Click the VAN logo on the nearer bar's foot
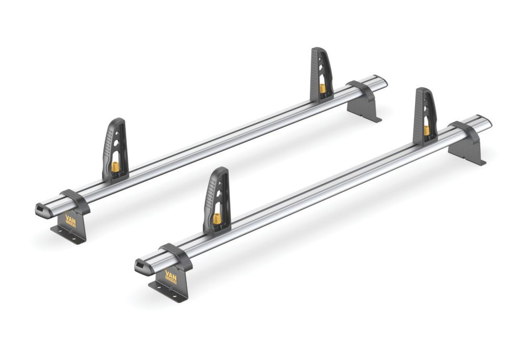point(170,276)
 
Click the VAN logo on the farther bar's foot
point(71,220)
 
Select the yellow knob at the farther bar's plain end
point(322,88)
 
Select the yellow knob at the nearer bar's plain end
point(426,130)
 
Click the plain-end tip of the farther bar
point(383,82)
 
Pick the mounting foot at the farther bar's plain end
point(364,108)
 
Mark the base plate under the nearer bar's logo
point(168,292)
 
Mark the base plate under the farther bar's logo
point(68,233)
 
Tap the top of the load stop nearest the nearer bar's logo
point(221,171)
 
